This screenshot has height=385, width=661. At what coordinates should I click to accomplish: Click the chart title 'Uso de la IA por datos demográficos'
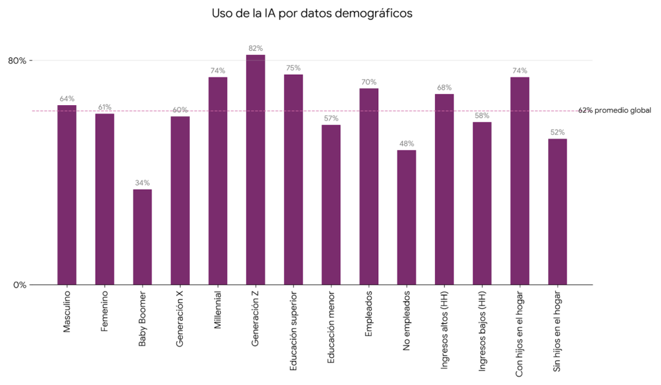pos(312,13)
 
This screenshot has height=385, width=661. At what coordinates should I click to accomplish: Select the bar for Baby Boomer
pos(142,237)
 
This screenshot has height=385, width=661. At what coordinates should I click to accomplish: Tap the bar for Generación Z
pos(256,170)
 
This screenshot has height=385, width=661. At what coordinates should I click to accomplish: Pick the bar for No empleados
pos(407,217)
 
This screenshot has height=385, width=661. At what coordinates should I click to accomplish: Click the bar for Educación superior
pos(293,179)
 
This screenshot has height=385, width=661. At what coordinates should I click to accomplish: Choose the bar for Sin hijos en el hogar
pos(558,212)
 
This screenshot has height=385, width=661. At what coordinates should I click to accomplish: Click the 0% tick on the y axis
pos(19,285)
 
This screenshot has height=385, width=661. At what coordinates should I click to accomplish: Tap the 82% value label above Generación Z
pos(256,48)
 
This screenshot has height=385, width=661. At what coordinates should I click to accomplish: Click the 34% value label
pos(142,183)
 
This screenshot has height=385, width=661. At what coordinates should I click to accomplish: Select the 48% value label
pos(407,144)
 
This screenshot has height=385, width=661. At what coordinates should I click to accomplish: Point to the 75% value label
pos(293,68)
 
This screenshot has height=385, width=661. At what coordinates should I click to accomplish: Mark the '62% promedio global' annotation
pos(615,111)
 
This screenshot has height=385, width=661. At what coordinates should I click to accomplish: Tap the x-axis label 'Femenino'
pos(105,312)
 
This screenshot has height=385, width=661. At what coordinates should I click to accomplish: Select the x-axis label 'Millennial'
pos(218,311)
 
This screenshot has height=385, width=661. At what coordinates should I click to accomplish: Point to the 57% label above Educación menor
pos(331,119)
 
